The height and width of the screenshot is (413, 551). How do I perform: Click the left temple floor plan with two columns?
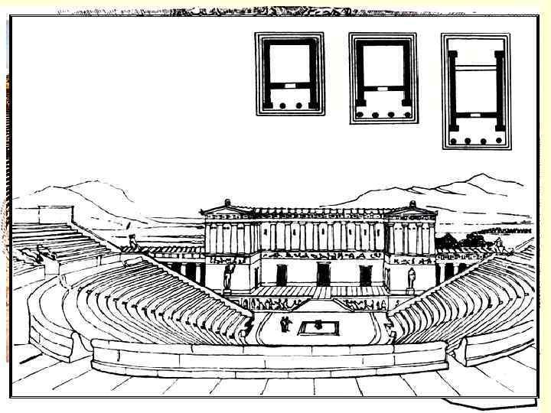(289, 73)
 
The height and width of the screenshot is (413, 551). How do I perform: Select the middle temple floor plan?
(383, 77)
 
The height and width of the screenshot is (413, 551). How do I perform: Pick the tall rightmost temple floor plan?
(476, 91)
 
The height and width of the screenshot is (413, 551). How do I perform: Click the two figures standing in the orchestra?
(285, 324)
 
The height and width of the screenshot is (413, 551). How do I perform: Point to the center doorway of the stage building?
(323, 274)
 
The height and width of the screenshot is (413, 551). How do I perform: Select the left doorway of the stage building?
(282, 274)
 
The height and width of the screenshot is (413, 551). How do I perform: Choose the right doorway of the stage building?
(365, 274)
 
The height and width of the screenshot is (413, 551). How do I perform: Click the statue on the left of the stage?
(227, 278)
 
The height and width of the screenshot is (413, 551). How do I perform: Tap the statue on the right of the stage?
(412, 278)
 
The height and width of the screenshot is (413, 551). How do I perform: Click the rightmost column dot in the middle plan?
(405, 115)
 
